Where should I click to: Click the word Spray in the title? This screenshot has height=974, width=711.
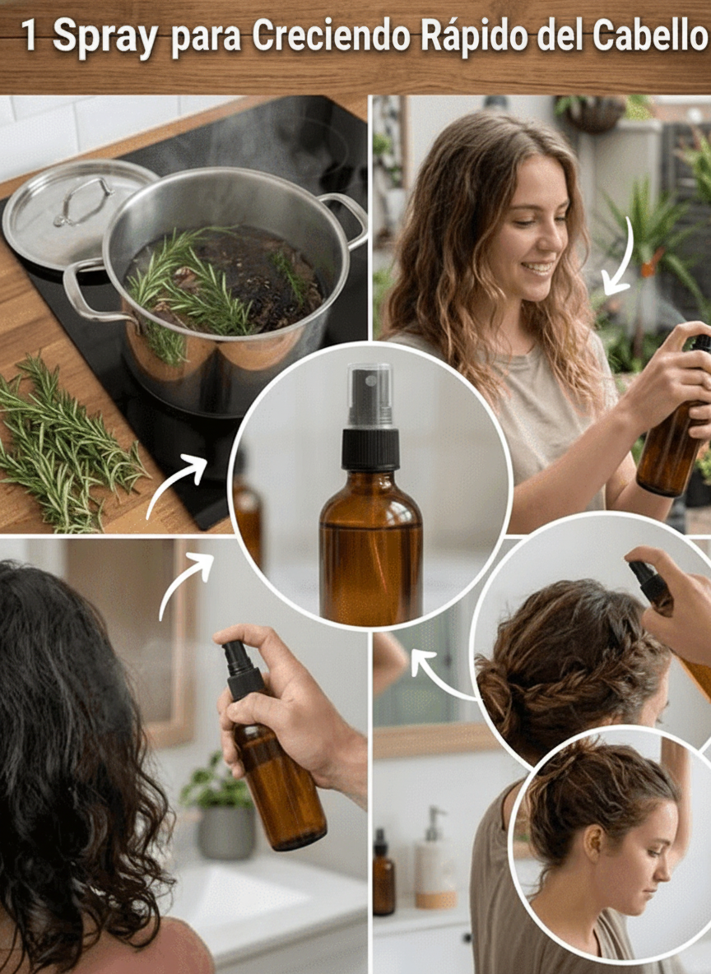pos(105,37)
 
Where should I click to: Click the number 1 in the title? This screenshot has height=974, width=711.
pos(29,36)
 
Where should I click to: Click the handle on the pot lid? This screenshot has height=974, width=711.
pos(83,200)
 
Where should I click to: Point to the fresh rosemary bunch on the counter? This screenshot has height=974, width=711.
pos(63,444)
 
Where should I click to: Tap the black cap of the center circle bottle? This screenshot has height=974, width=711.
pos(370,448)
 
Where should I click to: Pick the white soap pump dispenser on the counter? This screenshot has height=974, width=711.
pos(435,859)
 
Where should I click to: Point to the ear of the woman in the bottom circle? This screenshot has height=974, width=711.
pos(593,841)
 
